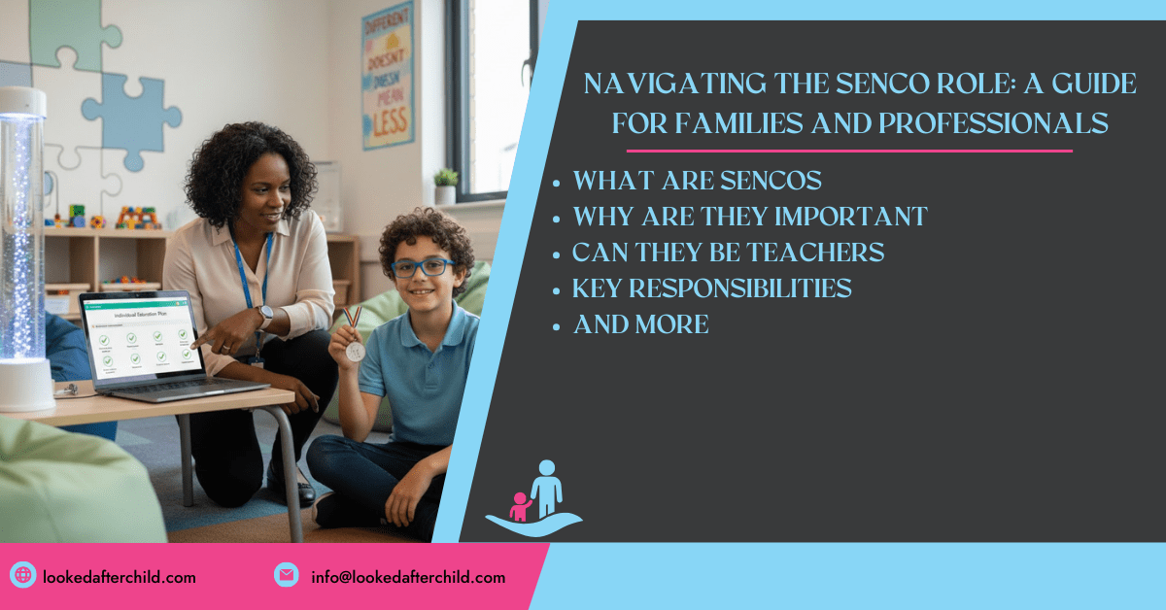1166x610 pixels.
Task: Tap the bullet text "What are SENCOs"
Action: tap(698, 182)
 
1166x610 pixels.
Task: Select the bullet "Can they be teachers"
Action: tap(728, 253)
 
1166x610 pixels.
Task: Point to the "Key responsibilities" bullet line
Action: tap(712, 288)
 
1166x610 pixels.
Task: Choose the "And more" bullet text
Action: tap(641, 324)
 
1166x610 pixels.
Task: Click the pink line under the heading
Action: tap(849, 151)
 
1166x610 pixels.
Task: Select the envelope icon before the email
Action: tap(286, 576)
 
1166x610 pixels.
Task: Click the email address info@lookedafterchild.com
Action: tap(408, 577)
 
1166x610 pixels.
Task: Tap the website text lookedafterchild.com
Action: tap(120, 577)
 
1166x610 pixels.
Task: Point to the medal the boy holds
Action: tap(355, 350)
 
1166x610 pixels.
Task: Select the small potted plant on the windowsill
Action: tap(445, 186)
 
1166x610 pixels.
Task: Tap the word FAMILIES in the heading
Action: tap(768, 123)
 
